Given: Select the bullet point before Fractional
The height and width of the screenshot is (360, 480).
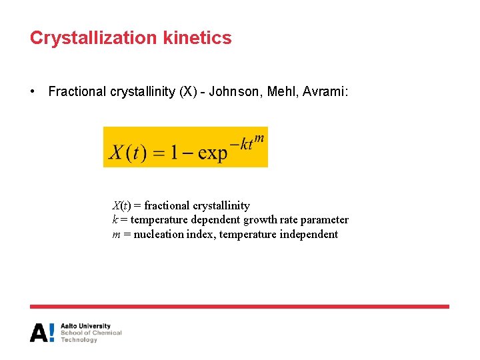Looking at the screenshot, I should [33, 91].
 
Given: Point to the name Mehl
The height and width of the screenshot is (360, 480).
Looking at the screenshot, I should [282, 91].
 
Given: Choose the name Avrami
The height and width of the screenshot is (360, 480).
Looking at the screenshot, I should [324, 91].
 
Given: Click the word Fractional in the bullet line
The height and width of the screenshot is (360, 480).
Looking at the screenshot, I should [77, 91].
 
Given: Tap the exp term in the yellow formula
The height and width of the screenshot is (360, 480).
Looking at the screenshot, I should [213, 153].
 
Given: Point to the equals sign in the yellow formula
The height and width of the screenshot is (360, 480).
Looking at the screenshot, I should [157, 153].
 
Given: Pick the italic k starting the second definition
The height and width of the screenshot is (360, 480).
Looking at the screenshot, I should [115, 220].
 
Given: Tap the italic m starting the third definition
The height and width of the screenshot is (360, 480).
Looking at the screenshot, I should [116, 234].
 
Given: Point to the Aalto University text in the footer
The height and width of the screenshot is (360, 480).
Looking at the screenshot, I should [85, 326].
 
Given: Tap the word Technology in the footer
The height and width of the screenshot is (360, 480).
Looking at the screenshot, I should [79, 340].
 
